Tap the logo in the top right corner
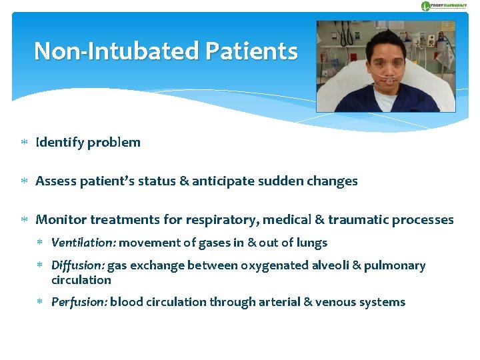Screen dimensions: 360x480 (443, 6)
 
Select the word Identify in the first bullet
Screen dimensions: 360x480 (59, 142)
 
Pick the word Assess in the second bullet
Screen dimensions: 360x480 (54, 181)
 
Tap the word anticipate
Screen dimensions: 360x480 (221, 181)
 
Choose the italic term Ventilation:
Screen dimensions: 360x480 (83, 243)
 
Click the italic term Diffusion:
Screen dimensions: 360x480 (77, 265)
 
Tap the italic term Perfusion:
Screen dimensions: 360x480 (79, 302)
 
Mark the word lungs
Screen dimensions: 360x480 (311, 243)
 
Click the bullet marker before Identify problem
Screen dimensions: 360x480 (23, 143)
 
